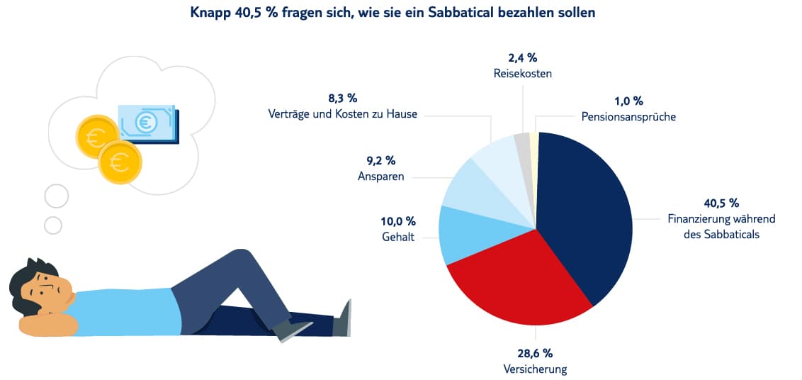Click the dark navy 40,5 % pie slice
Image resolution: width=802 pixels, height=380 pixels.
588,213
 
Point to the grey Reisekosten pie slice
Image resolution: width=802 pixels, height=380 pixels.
522,144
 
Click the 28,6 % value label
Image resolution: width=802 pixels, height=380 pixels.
534,353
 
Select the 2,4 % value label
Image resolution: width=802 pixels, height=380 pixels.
522,57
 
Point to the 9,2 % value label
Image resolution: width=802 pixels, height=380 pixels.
380,161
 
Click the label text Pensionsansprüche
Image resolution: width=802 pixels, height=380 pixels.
628,117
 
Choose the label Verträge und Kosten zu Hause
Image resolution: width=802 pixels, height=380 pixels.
342,113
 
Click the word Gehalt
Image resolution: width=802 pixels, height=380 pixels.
397,237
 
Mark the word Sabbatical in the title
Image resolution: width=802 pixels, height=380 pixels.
444,13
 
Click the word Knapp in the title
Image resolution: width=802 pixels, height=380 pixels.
210,13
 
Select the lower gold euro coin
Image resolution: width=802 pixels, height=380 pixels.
120,162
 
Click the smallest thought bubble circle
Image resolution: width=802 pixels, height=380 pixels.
53,225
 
